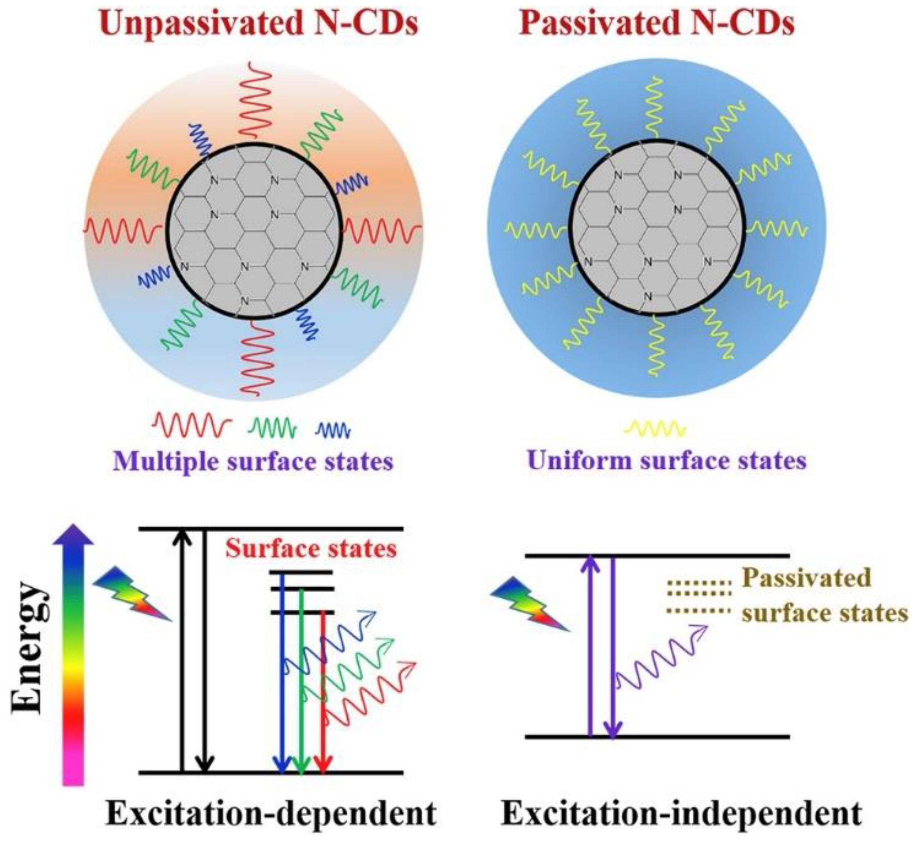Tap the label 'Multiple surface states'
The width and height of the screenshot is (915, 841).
point(253,462)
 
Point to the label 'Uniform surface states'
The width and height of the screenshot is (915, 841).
point(667,461)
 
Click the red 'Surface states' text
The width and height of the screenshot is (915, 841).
point(311,549)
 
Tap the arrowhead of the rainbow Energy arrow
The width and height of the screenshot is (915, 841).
point(73,535)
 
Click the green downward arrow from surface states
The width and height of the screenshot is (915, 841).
point(301,683)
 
